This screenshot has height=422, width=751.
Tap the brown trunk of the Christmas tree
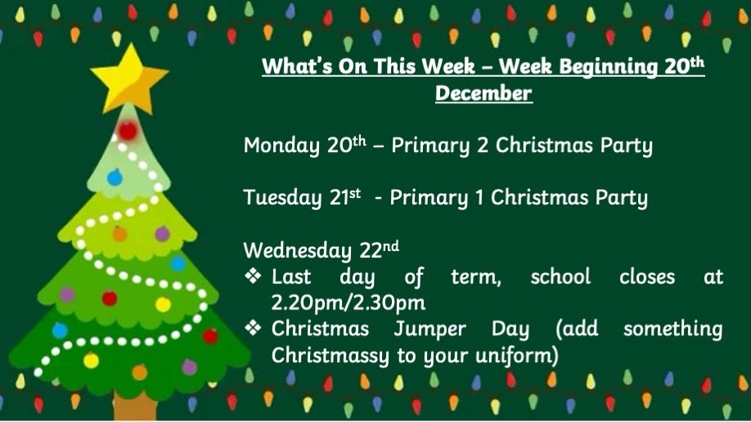click(135, 407)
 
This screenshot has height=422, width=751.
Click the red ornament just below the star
click(128, 130)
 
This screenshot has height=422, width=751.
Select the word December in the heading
click(483, 93)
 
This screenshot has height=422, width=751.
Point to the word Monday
click(281, 146)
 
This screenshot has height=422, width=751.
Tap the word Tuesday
click(282, 198)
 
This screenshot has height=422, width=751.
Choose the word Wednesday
click(298, 250)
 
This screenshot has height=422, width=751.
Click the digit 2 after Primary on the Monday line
click(483, 146)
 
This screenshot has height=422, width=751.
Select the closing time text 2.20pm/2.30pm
click(349, 303)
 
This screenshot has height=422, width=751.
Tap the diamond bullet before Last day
click(253, 276)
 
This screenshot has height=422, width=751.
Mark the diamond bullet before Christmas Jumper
click(253, 328)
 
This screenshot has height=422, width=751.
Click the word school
click(560, 277)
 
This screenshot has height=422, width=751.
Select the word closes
click(647, 277)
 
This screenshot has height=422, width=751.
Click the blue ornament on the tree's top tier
click(115, 177)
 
